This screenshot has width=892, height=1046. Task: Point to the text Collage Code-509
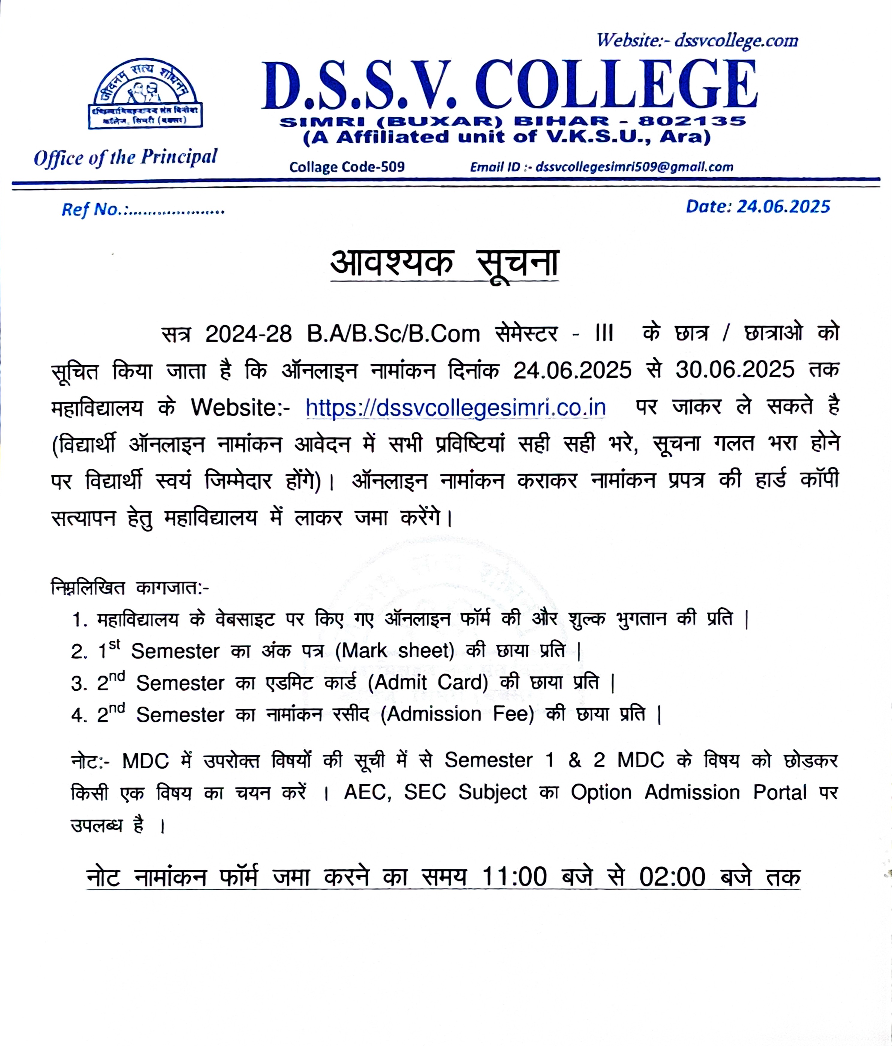(347, 167)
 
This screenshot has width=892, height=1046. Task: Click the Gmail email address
(634, 167)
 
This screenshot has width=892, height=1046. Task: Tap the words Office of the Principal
(125, 157)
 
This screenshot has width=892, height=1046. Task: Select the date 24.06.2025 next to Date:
(783, 207)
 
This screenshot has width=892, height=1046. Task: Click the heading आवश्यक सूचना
(444, 264)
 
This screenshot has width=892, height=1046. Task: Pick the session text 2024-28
(248, 334)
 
